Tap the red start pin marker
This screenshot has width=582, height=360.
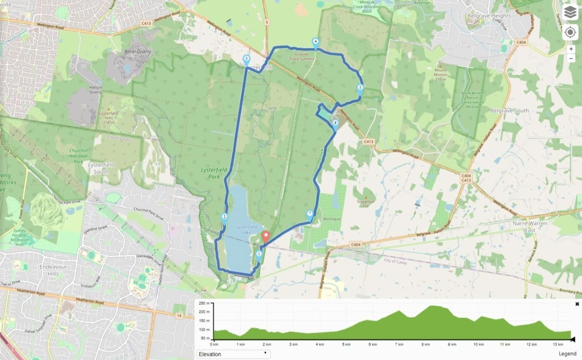point(265,237)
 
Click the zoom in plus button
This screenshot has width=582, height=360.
point(571,49)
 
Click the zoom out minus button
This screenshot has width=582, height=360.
point(571,58)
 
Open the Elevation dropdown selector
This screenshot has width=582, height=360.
point(233,354)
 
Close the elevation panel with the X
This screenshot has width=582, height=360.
point(577,304)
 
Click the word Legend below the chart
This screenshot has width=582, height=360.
point(567,354)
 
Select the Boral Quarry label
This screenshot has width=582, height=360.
point(137,51)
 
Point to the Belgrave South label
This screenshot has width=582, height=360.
point(510,111)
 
